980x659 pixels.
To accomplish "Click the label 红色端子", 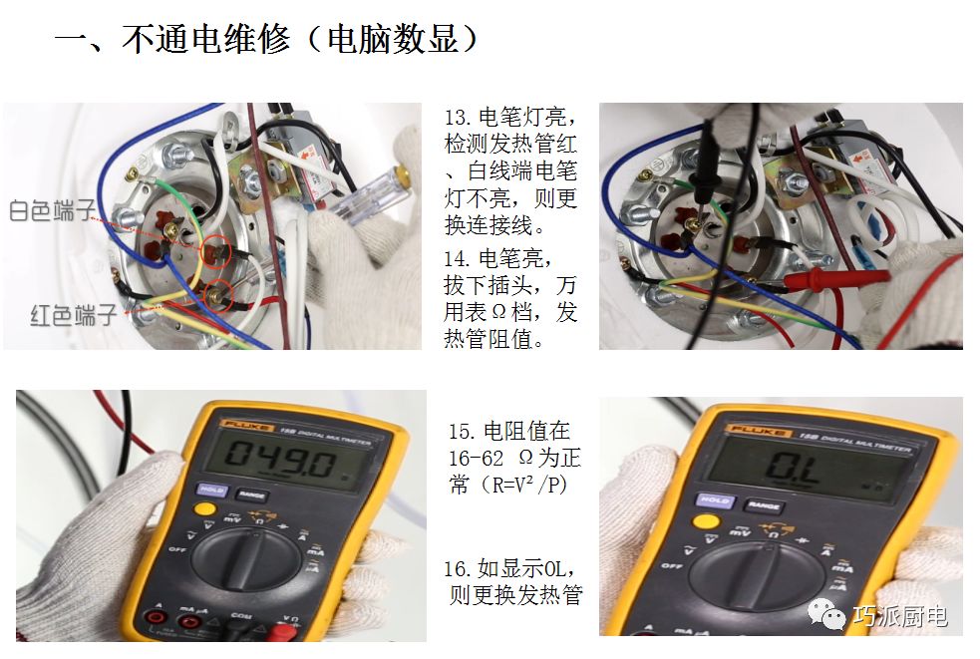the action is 74,315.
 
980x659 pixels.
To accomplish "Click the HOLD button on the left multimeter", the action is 212,489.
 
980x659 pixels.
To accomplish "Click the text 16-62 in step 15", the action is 476,459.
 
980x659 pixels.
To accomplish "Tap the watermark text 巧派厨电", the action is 900,616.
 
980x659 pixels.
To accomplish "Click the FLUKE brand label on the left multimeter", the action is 246,426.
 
